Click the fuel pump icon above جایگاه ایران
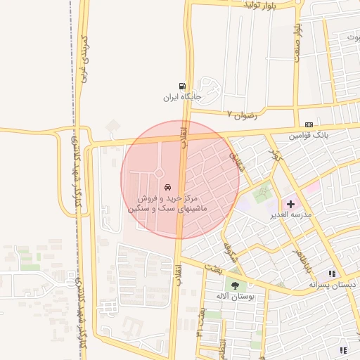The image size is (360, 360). point(183,84)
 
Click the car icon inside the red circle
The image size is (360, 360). point(167,188)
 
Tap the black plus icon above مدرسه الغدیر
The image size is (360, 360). point(290,203)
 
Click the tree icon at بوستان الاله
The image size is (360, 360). point(234,285)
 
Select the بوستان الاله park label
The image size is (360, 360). point(234,297)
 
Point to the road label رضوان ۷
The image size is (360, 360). point(240,113)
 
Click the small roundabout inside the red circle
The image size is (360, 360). point(159,173)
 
